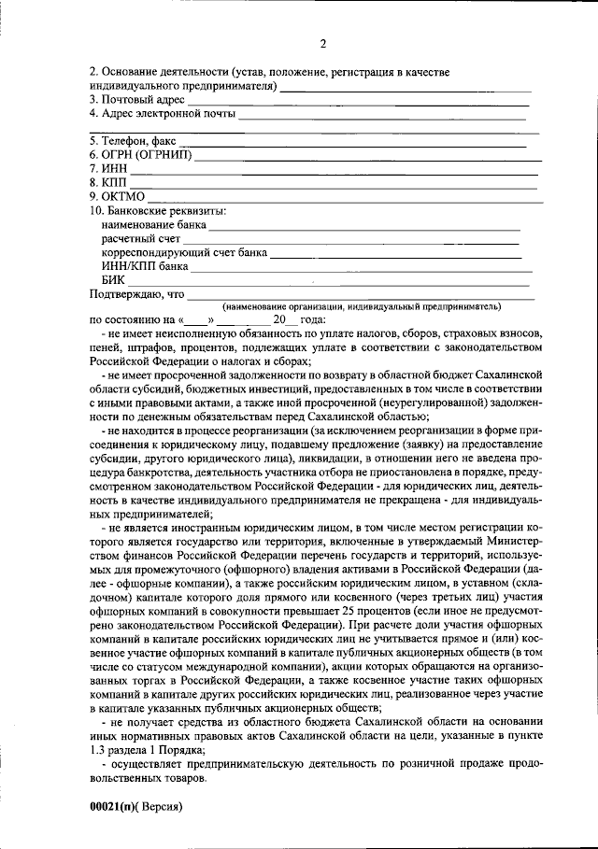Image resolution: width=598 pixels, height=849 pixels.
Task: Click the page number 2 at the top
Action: pos(322,44)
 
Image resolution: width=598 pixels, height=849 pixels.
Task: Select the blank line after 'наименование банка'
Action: pos(364,229)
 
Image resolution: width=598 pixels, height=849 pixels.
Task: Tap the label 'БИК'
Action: pos(112,279)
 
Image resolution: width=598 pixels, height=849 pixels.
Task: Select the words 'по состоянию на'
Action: pos(126,319)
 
